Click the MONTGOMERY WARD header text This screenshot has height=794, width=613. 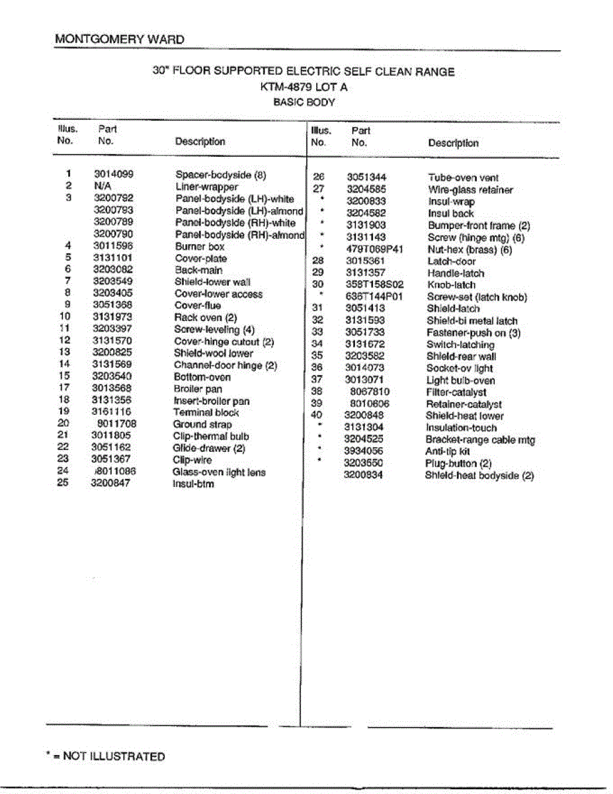click(x=120, y=39)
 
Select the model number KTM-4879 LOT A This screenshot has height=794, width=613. click(x=304, y=87)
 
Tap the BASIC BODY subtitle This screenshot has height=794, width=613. click(x=304, y=103)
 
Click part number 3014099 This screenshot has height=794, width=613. click(x=114, y=175)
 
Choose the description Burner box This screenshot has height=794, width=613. click(x=200, y=246)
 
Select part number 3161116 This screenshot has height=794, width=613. click(x=111, y=412)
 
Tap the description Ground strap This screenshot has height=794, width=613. click(x=202, y=424)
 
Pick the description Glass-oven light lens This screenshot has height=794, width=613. click(x=219, y=472)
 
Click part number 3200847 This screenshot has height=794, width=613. click(x=111, y=484)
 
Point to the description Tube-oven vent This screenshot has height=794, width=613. click(x=463, y=177)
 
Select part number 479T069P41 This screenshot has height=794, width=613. click(x=374, y=249)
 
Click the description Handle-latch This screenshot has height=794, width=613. click(x=455, y=273)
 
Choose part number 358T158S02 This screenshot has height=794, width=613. click(x=374, y=285)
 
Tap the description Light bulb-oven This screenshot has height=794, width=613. click(x=460, y=380)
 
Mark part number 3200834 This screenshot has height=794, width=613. click(x=363, y=475)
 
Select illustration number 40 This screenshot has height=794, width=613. click(x=317, y=416)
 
